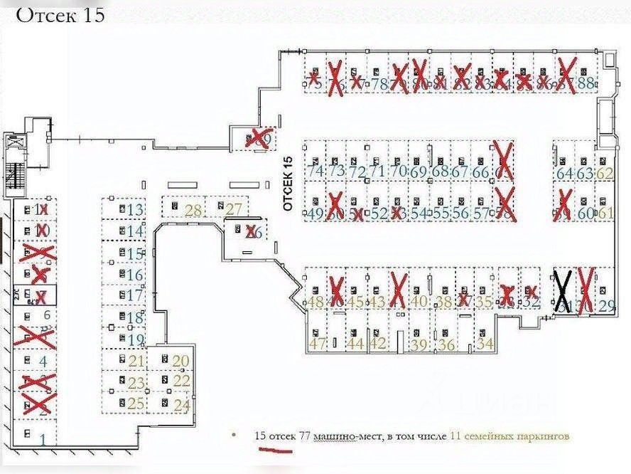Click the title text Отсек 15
(x=60, y=15)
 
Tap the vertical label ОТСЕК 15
(x=288, y=184)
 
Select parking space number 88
(x=586, y=83)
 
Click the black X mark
(x=563, y=292)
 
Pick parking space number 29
(x=606, y=307)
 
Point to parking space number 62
(x=605, y=173)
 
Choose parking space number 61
(x=605, y=213)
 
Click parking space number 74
(x=314, y=172)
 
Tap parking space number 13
(x=135, y=209)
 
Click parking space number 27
(x=234, y=209)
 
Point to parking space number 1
(x=43, y=439)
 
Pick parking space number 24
(x=182, y=406)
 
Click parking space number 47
(x=317, y=344)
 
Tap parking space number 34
(x=486, y=344)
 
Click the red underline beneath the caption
(x=272, y=450)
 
